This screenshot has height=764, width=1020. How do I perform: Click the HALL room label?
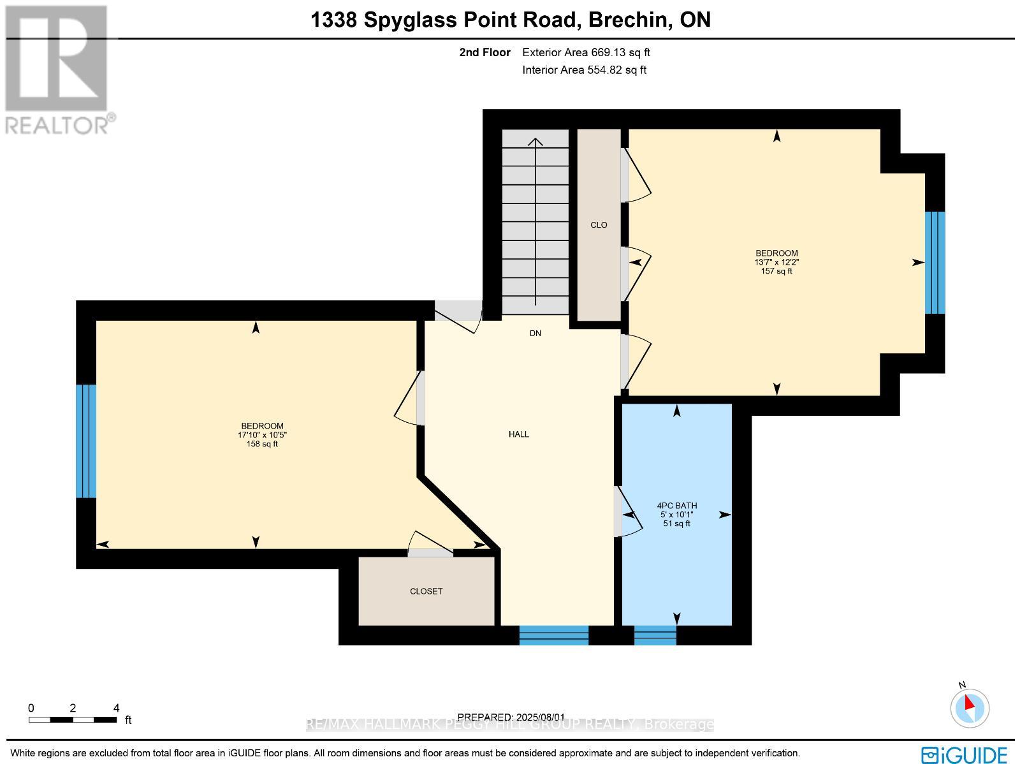click(519, 434)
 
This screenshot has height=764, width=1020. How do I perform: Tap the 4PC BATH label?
click(676, 506)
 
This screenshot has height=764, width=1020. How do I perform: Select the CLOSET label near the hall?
click(426, 591)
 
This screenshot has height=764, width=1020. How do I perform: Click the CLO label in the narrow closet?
click(599, 225)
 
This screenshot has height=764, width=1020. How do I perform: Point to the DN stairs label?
click(535, 334)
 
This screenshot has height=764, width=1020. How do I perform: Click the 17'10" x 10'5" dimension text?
click(262, 435)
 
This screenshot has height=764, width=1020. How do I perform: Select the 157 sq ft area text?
click(776, 271)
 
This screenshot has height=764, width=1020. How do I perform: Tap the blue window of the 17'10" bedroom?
click(86, 441)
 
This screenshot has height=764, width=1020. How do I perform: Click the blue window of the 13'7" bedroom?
click(935, 263)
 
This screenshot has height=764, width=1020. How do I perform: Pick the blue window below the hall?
click(553, 635)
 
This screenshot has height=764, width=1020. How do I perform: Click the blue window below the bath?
click(655, 635)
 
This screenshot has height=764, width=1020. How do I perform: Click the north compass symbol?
click(969, 707)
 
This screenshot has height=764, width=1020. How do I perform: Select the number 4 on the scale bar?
click(116, 708)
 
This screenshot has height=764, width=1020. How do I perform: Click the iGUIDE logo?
click(965, 754)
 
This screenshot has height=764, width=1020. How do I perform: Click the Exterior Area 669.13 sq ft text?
click(586, 53)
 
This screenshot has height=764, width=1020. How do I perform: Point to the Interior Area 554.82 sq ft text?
click(584, 70)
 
